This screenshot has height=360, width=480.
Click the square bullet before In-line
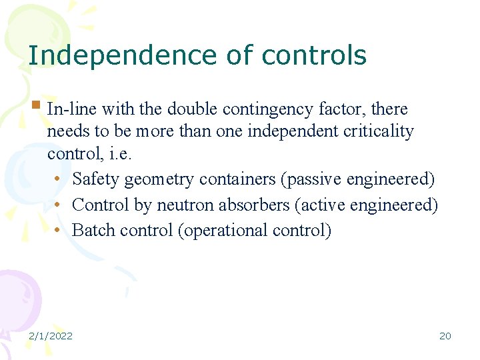tap(37, 105)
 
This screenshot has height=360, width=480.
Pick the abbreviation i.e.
tap(120, 154)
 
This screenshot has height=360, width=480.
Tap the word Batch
tap(90, 230)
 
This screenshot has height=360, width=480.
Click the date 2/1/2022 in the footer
tap(50, 335)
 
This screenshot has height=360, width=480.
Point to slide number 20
tap(445, 335)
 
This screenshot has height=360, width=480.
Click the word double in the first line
tap(190, 109)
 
